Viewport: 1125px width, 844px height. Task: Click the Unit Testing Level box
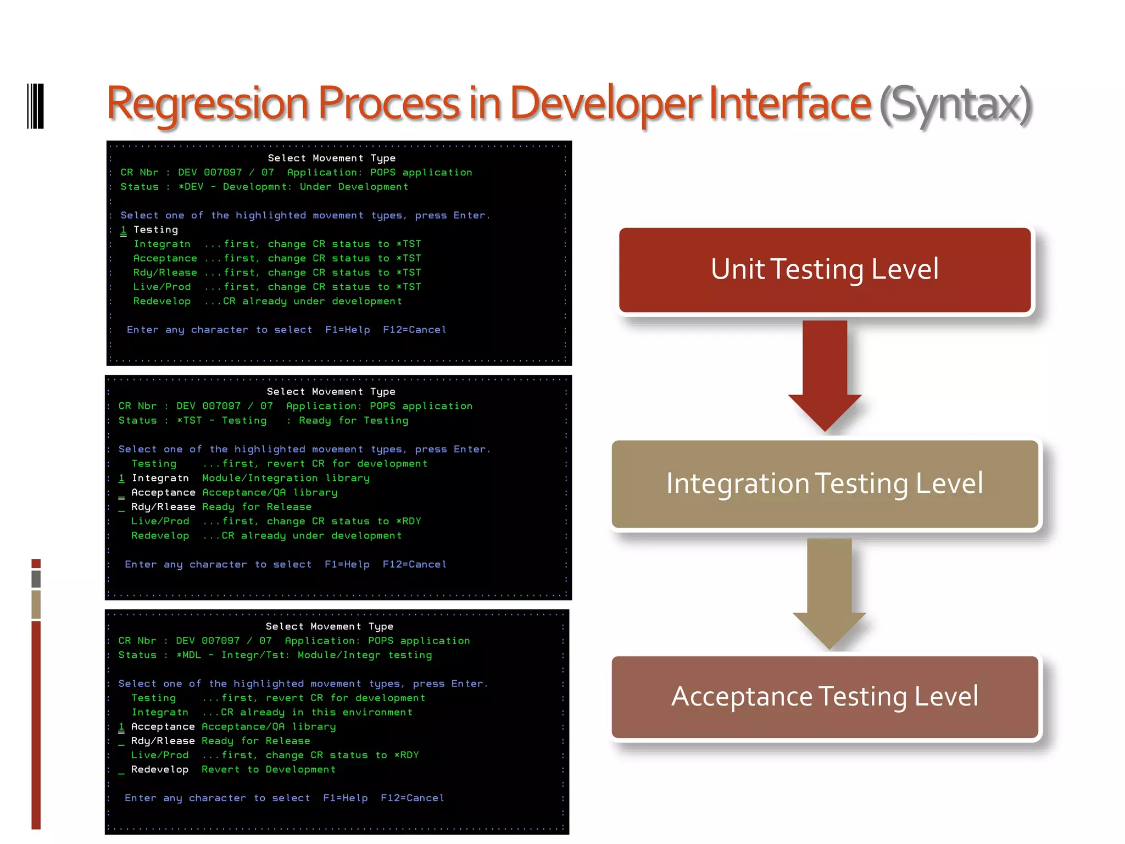point(825,270)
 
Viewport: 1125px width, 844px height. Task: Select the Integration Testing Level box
point(825,484)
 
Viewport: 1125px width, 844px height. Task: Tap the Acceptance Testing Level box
point(825,696)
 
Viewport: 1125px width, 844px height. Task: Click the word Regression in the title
point(208,104)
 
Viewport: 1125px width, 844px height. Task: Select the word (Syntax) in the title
point(955,104)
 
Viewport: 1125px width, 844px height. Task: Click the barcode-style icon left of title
point(35,106)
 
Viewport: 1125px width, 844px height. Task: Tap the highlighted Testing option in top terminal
point(155,230)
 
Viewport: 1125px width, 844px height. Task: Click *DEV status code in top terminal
point(191,187)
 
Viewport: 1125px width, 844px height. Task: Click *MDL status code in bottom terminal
point(188,655)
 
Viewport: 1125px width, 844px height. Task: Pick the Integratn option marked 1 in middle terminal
point(160,478)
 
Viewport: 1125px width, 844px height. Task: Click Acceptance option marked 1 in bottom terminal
point(163,726)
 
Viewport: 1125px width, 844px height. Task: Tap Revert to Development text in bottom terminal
point(268,769)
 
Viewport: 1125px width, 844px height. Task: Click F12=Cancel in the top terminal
point(414,330)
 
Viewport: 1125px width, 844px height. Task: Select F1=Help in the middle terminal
point(347,564)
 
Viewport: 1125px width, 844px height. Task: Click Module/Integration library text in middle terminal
point(286,478)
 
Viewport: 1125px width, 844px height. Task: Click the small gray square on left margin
point(36,579)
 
